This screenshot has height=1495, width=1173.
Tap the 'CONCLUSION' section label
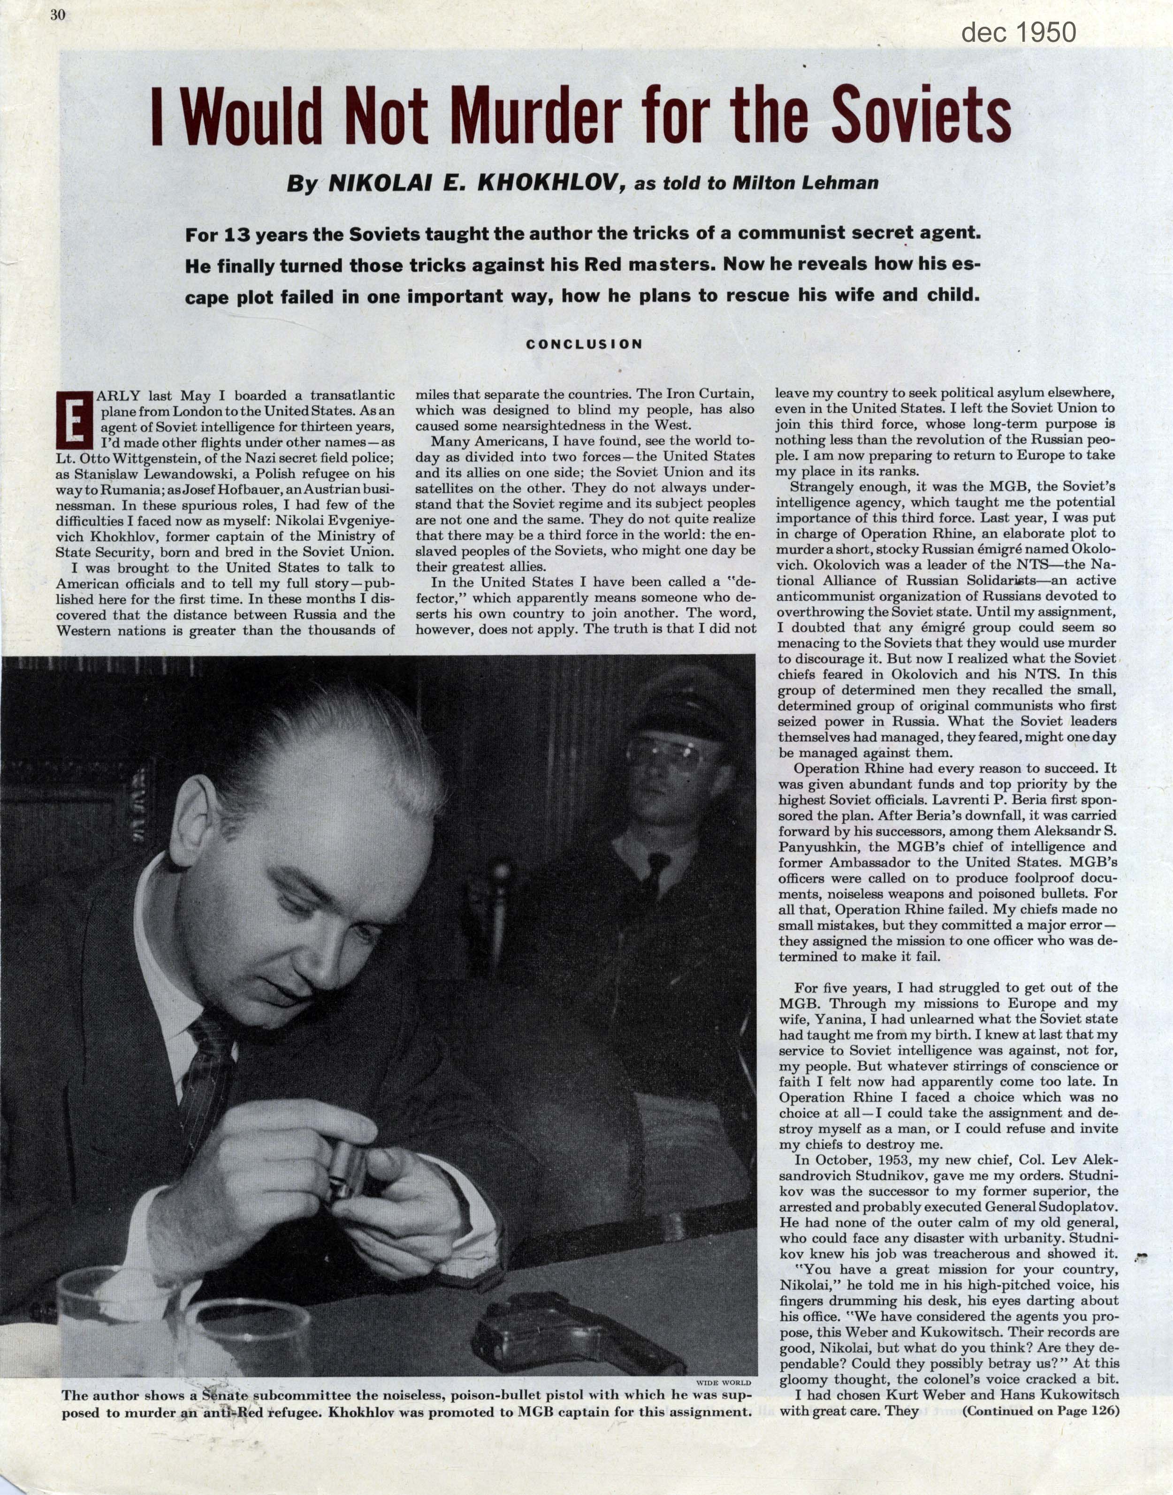pyautogui.click(x=585, y=344)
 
